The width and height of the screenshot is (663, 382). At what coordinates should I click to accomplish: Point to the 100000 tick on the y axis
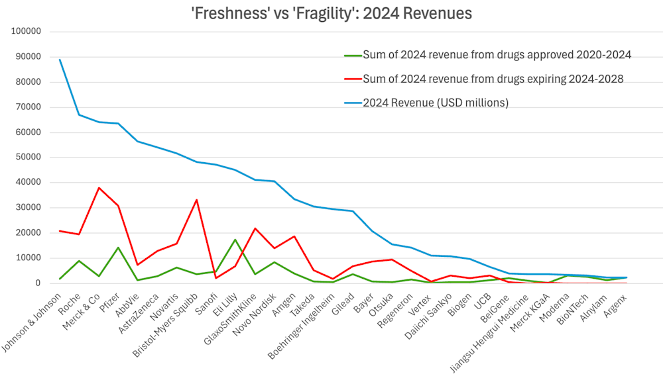[27, 31]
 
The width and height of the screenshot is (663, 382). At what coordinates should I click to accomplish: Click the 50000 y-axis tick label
[29, 157]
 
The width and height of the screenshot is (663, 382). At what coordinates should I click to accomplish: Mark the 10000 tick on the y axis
[29, 258]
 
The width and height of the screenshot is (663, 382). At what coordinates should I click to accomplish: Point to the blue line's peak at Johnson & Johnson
[60, 60]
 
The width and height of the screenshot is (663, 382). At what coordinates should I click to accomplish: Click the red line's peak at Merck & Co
[99, 188]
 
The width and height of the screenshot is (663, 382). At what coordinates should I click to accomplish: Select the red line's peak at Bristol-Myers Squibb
[196, 200]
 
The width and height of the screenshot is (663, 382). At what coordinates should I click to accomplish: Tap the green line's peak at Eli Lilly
[235, 240]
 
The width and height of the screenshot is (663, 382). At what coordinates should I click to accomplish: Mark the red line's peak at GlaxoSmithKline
[255, 228]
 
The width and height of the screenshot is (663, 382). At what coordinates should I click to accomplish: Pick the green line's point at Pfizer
[118, 248]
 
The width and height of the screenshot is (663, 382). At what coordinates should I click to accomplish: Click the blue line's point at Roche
[80, 115]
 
